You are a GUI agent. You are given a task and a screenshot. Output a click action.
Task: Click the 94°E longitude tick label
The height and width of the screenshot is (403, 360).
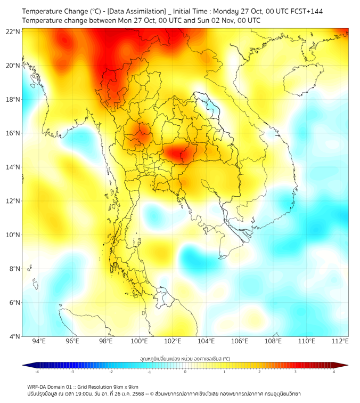tap(39, 341)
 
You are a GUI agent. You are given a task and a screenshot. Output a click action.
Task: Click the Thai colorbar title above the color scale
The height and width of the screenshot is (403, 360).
tap(185, 359)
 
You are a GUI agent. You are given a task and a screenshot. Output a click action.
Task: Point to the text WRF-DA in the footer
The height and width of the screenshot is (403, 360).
tap(37, 386)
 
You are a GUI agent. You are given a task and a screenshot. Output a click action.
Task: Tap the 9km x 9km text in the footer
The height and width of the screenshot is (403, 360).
tap(126, 386)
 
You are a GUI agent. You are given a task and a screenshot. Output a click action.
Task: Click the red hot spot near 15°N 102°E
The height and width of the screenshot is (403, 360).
tap(176, 154)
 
